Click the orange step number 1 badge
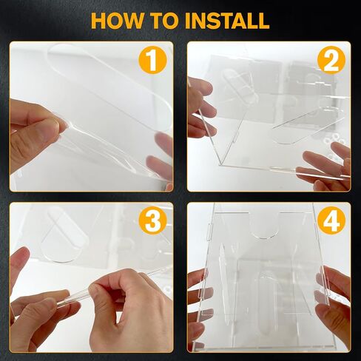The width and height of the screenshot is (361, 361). pyautogui.click(x=153, y=59)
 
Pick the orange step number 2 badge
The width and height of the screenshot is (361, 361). pyautogui.click(x=331, y=60)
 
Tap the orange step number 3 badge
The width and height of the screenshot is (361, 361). pyautogui.click(x=153, y=220)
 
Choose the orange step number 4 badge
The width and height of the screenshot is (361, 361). pyautogui.click(x=331, y=220)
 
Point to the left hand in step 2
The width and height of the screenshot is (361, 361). pyautogui.click(x=200, y=109)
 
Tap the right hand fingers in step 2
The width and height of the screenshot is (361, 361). pyautogui.click(x=325, y=168)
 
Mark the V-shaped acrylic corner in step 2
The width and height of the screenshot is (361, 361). pyautogui.click(x=220, y=163)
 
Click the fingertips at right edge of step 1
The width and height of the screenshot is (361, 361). pyautogui.click(x=161, y=158)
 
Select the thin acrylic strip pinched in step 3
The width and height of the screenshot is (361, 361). pyautogui.click(x=81, y=293)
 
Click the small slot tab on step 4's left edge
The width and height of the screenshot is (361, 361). pyautogui.click(x=210, y=232)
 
